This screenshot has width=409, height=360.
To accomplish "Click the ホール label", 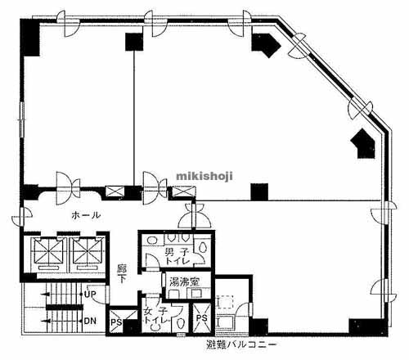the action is [86, 215].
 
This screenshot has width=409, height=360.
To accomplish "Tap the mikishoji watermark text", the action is [204, 176].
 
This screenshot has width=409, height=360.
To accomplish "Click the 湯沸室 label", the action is [185, 281].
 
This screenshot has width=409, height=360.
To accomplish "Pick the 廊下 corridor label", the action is [121, 273].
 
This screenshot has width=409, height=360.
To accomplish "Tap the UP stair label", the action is [90, 295].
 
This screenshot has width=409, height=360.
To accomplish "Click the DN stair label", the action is [90, 321].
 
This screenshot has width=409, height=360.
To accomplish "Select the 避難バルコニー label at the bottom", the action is [241, 344].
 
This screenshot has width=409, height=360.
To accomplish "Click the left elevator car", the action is [48, 251].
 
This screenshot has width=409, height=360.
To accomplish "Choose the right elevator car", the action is [86, 251].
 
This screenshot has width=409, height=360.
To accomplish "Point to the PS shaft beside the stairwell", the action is [117, 322].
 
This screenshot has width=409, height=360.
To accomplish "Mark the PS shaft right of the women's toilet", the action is [202, 318].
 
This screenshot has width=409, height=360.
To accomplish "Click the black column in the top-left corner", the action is [30, 38].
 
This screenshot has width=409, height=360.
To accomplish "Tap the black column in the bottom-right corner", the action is [368, 327].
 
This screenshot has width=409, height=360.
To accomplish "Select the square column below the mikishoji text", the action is [259, 192].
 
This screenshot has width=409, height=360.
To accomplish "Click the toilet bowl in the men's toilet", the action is [202, 247].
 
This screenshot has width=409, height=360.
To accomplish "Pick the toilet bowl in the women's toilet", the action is [180, 325].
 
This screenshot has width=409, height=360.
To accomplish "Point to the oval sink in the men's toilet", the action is [151, 241].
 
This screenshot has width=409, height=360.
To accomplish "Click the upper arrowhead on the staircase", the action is [45, 295].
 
